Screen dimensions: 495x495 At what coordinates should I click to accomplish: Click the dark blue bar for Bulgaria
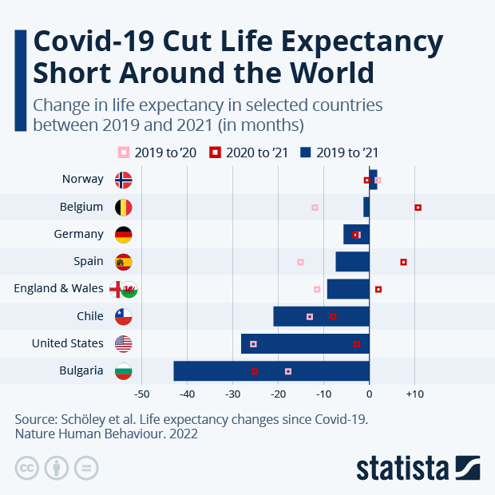click(x=271, y=371)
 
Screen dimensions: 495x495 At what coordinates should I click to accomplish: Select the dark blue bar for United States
click(x=305, y=344)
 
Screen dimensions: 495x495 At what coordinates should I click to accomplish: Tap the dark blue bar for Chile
click(x=321, y=316)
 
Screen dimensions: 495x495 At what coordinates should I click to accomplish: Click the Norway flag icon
click(x=124, y=180)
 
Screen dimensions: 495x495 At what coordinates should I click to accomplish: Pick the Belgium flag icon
click(x=124, y=208)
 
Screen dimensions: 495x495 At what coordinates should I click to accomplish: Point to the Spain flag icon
click(x=124, y=262)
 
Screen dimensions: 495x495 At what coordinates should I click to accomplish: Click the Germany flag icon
click(x=124, y=235)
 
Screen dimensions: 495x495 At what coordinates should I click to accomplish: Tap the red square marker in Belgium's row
click(x=418, y=208)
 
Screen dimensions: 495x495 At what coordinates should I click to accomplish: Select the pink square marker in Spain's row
click(x=300, y=262)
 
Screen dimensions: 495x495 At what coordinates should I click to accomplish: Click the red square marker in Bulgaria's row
click(x=255, y=371)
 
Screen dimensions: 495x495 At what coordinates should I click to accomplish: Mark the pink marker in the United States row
click(x=253, y=344)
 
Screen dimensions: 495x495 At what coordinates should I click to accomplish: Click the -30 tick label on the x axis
click(x=232, y=394)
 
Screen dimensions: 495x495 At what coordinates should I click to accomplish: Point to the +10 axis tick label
click(x=414, y=394)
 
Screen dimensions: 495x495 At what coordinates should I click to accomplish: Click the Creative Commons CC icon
click(x=27, y=468)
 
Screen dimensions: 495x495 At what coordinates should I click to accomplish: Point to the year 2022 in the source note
click(x=181, y=434)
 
